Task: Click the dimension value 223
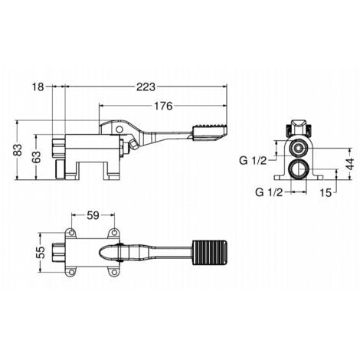pyautogui.click(x=146, y=87)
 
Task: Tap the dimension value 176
pyautogui.click(x=163, y=106)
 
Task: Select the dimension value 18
pyautogui.click(x=38, y=87)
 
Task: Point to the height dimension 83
pyautogui.click(x=18, y=150)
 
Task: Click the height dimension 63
pyautogui.click(x=37, y=157)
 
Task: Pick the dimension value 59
pyautogui.click(x=93, y=215)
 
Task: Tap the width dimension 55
pyautogui.click(x=41, y=252)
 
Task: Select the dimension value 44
pyautogui.click(x=351, y=164)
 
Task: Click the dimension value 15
pyautogui.click(x=326, y=192)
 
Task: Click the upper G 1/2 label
pyautogui.click(x=253, y=161)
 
